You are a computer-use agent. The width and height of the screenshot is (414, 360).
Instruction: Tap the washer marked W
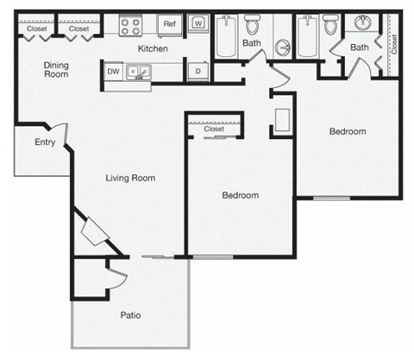click(x=198, y=23)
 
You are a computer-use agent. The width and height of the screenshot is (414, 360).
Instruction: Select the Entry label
click(x=45, y=142)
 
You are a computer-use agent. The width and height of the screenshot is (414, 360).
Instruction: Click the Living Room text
click(x=130, y=178)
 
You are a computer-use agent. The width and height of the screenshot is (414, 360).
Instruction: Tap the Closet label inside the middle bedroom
click(x=214, y=129)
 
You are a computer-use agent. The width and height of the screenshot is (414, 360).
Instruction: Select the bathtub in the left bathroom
click(x=226, y=36)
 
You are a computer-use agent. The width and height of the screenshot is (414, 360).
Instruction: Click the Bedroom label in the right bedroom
click(x=348, y=131)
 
